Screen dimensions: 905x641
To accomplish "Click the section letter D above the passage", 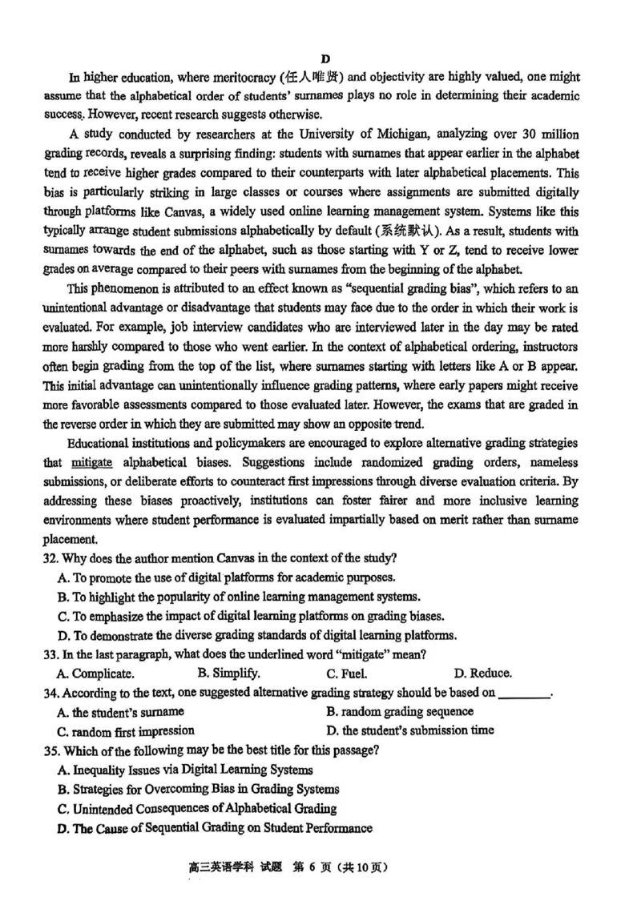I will click(325, 59).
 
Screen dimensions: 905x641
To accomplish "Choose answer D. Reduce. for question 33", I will click(482, 674).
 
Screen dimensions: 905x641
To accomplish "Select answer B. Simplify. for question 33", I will click(228, 674).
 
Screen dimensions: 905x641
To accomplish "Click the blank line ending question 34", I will click(525, 694).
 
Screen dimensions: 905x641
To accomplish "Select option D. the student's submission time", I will click(409, 730).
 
